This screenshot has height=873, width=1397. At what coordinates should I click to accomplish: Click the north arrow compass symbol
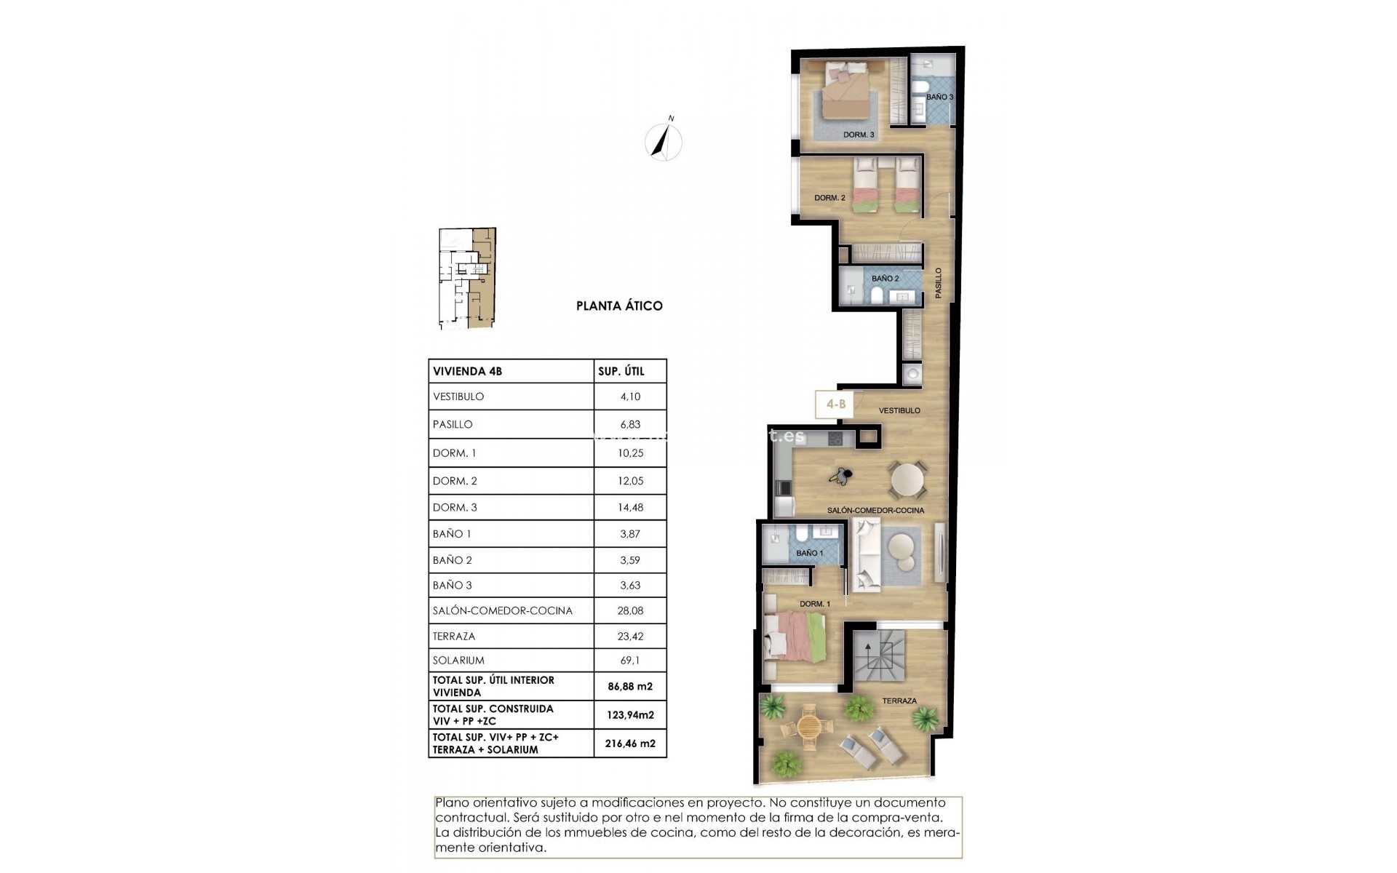[664, 140]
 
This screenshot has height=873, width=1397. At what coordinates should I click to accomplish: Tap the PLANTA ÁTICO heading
[619, 306]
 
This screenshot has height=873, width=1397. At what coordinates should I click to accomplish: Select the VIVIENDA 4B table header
[468, 371]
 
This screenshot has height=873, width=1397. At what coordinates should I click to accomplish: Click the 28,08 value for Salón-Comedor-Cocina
[630, 611]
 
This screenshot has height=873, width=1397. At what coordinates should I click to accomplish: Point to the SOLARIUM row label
[458, 661]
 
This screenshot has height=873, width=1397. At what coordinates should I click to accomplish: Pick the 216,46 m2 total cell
[630, 744]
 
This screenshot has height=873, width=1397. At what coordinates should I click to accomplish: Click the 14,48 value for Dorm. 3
[630, 508]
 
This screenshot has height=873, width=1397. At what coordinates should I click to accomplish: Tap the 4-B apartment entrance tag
[836, 404]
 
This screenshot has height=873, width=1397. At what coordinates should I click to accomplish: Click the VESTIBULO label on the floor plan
[899, 411]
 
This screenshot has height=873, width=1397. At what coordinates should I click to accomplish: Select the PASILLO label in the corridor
[939, 283]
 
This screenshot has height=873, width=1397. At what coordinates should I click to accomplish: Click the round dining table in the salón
[908, 479]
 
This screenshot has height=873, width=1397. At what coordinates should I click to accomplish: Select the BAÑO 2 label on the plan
[885, 279]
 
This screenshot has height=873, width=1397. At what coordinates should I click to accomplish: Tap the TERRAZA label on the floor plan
[899, 701]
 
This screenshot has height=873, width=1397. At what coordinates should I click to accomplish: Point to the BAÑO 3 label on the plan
[939, 97]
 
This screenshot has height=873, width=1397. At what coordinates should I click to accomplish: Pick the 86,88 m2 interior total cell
[630, 686]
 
